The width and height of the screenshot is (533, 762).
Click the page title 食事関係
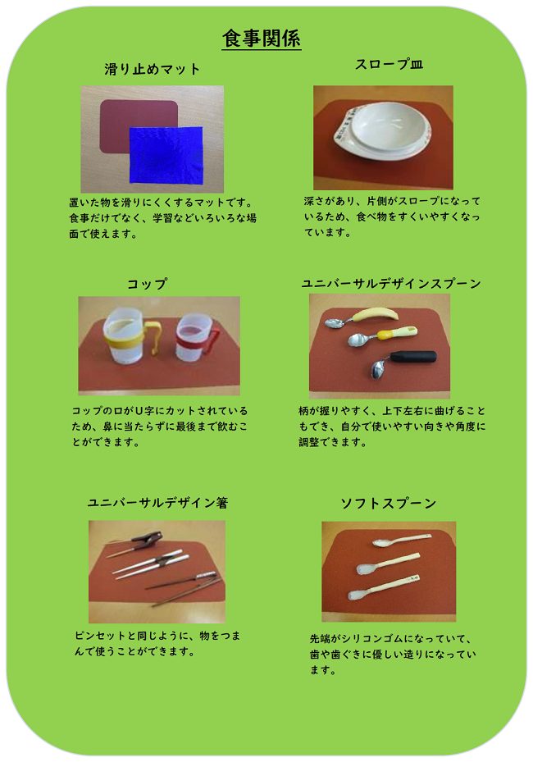[x=262, y=38]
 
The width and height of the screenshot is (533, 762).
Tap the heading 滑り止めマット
[x=152, y=69]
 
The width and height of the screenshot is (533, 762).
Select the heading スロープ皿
[x=389, y=64]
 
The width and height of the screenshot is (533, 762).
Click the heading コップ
[x=148, y=283]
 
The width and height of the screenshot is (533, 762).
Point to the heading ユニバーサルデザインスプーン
[x=391, y=283]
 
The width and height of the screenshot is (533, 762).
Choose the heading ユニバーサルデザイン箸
[x=157, y=502]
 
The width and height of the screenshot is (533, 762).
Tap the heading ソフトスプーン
[x=388, y=503]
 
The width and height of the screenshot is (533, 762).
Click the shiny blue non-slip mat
[x=166, y=155]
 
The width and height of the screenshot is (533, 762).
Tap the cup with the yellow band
[x=124, y=340]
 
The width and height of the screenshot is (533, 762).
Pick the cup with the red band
[x=192, y=343]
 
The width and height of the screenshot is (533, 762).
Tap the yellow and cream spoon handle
[x=397, y=333]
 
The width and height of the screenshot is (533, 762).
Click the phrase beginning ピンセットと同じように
[x=157, y=643]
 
